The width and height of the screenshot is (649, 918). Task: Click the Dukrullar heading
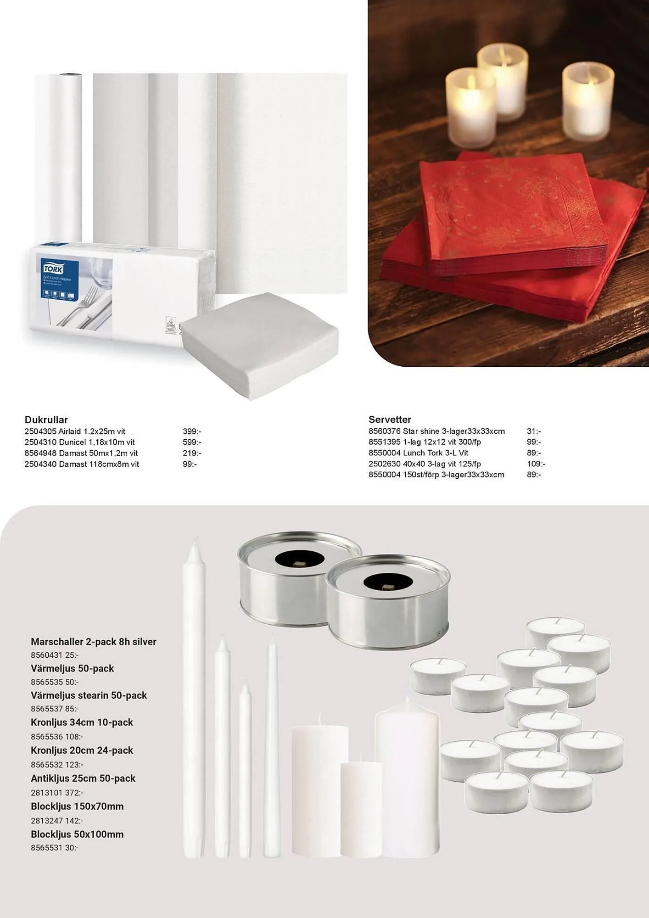coord(46,420)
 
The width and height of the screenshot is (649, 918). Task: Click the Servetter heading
coord(390,419)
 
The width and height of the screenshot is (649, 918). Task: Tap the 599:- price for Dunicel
coord(192,442)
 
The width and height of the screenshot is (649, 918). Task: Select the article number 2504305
coord(40,431)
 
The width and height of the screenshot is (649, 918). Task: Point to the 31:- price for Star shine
coord(534,431)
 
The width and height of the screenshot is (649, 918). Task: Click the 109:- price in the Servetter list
coord(536,464)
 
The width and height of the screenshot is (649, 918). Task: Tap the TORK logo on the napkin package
coord(54,268)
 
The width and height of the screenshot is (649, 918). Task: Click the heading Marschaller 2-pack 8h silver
coord(94,642)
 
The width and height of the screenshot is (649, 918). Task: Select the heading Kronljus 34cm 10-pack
coord(82,722)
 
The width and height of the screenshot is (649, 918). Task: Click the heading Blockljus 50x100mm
coord(77,834)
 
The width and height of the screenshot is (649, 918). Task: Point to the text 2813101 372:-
coord(57,792)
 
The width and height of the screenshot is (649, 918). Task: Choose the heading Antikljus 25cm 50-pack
coord(83,778)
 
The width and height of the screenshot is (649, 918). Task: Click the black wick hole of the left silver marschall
coord(299,559)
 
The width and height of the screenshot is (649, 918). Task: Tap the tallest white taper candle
coord(194,698)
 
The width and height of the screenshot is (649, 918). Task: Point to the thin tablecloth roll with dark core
coord(59,156)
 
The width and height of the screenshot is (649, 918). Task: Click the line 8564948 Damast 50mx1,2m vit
coord(81,453)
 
